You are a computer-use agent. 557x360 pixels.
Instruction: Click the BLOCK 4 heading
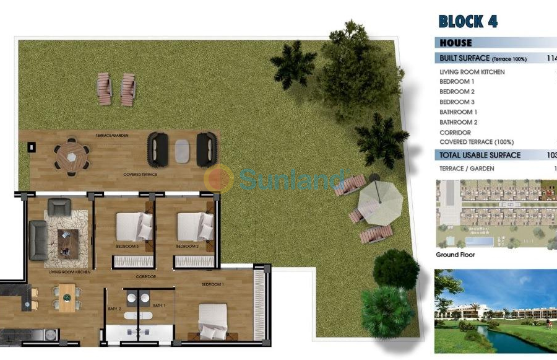(468, 21)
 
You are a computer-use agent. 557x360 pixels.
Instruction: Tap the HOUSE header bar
(456, 43)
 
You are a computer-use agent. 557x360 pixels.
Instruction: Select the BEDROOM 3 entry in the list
(457, 102)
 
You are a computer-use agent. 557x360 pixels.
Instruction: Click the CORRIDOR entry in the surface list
(456, 132)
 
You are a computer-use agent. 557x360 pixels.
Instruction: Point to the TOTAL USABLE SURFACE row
(480, 155)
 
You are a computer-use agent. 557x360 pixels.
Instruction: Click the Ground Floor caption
(456, 255)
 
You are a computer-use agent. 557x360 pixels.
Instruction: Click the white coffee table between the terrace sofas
(182, 150)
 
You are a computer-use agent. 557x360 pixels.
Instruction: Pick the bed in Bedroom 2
(193, 227)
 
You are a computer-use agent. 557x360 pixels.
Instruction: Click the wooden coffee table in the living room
(68, 239)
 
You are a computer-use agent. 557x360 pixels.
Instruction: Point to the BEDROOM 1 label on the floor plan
(212, 284)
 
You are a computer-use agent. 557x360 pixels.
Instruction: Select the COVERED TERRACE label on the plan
(139, 175)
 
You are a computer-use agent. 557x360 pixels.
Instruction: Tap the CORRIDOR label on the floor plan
(146, 277)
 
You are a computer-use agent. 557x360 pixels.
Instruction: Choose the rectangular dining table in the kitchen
(67, 297)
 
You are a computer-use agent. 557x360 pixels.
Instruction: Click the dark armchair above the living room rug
(59, 206)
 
